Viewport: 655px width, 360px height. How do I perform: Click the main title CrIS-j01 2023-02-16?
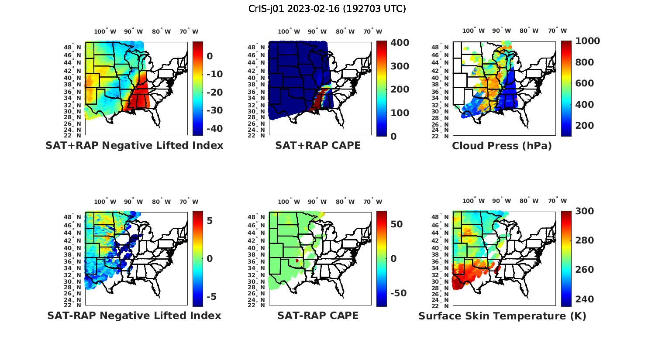click(x=327, y=8)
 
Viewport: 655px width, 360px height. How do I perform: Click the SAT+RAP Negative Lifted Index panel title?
click(x=134, y=145)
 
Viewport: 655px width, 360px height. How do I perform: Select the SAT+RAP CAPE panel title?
click(x=318, y=145)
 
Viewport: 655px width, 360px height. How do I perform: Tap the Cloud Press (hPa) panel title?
click(x=502, y=146)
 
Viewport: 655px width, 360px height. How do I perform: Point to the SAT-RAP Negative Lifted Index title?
click(x=134, y=315)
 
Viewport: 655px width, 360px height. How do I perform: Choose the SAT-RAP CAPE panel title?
click(x=318, y=315)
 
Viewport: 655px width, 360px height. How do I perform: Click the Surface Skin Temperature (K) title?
click(x=502, y=316)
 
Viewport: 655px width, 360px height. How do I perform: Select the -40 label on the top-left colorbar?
click(x=214, y=128)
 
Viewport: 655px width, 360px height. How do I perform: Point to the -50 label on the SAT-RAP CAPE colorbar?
click(x=398, y=293)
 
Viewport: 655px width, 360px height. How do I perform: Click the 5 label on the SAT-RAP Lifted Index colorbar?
click(x=210, y=221)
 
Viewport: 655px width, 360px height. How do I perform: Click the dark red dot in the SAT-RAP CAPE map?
click(x=297, y=261)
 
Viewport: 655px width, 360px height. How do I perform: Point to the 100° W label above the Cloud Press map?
click(x=474, y=31)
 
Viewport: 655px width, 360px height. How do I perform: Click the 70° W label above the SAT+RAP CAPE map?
click(x=372, y=31)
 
